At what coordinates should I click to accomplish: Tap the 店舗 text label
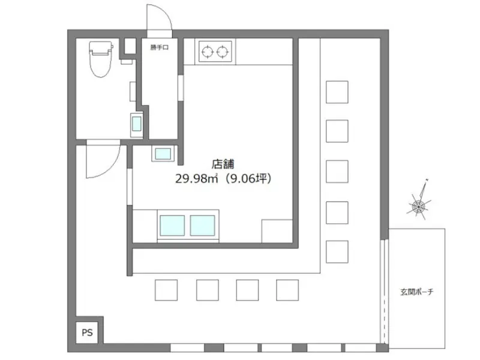(223, 163)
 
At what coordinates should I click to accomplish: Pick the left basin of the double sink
(172, 225)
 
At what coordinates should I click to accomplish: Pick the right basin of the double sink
(203, 225)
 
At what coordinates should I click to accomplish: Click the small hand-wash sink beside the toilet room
(136, 126)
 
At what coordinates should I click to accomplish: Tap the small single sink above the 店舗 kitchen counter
(163, 154)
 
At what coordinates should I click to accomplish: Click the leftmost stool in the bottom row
(166, 290)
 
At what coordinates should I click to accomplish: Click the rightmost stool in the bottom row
(287, 290)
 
